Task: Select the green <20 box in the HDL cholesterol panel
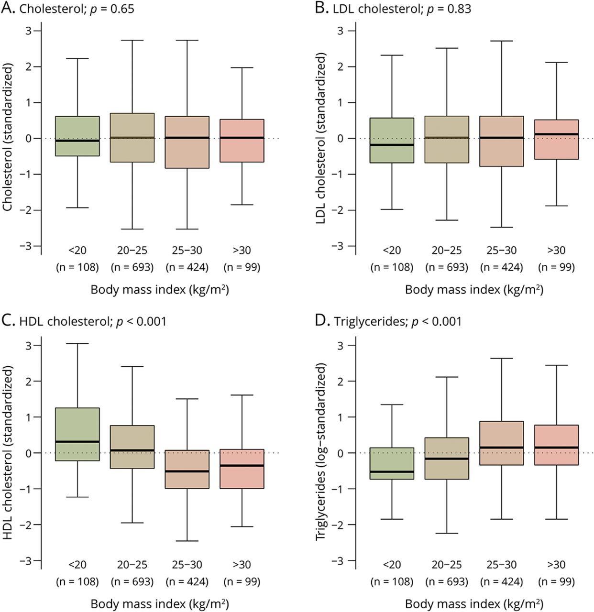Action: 77,434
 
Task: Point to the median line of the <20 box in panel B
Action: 392,145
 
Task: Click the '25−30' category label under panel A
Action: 187,250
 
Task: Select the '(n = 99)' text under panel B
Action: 556,267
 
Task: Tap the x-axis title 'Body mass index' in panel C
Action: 159,604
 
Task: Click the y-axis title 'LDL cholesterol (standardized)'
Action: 321,139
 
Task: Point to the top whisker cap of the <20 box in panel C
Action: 77,343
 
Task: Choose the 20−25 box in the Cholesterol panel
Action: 132,138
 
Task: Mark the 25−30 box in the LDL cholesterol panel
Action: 502,141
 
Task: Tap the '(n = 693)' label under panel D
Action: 447,582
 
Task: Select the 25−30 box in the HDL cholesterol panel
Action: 187,469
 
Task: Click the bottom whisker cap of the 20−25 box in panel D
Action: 447,533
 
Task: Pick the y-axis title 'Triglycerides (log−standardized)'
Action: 321,451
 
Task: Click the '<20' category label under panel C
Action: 77,565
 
